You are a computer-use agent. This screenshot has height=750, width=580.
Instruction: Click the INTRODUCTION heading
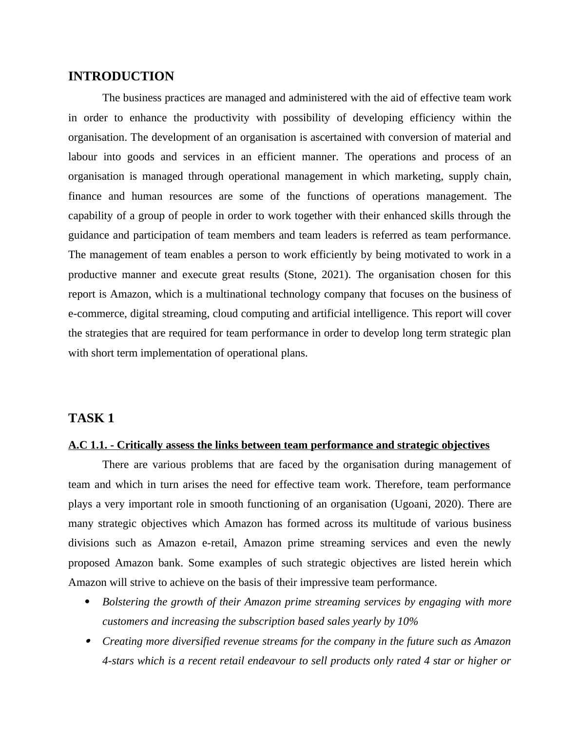pos(121,76)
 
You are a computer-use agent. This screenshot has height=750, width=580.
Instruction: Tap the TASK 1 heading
pos(91,418)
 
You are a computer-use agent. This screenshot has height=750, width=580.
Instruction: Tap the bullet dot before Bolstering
pos(88,602)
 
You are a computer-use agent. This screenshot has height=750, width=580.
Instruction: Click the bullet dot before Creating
pos(88,641)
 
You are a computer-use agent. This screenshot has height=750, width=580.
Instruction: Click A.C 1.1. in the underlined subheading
pos(87,445)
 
